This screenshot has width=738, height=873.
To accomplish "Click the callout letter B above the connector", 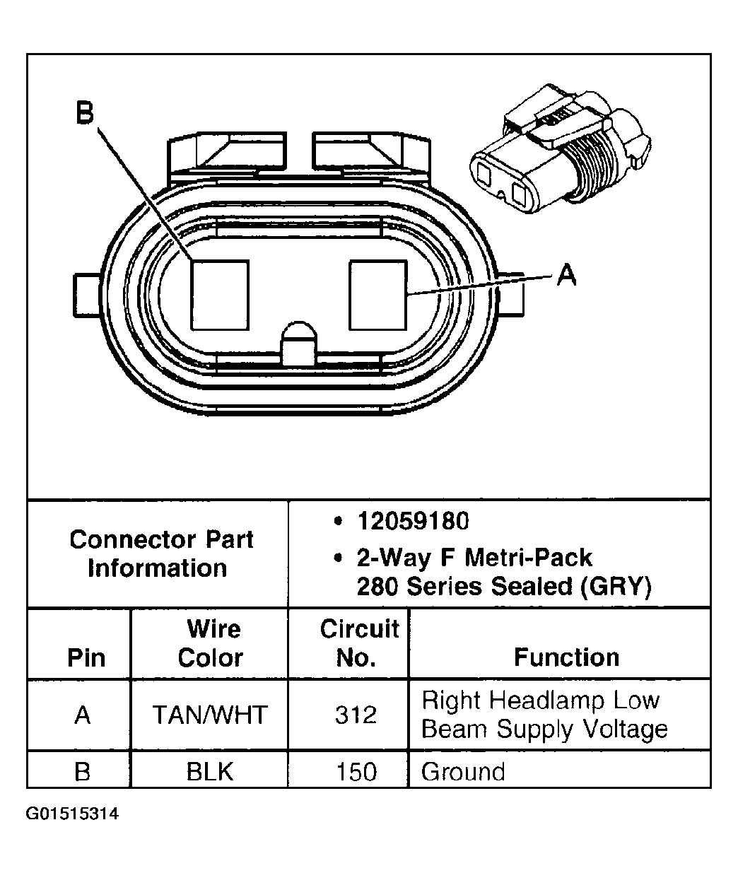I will coord(85,114).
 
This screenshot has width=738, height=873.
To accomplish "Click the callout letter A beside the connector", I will coord(566,274).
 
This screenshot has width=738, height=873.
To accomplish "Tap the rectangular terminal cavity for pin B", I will coord(220,295).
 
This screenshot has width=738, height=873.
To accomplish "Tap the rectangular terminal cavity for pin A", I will coord(378,295).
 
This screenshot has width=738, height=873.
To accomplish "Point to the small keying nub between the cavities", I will coord(299,343).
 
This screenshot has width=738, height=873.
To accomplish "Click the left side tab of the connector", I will coord(83,294).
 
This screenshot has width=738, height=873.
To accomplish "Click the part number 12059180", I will coord(413,522).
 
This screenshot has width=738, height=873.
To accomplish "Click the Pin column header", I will coord(86,657).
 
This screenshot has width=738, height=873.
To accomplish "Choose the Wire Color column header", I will coord(211,643).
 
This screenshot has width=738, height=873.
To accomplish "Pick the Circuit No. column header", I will coord(359,643).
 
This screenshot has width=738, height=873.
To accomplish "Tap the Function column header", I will coord(566,657).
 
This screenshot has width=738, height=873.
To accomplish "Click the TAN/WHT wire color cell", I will coord(211,715).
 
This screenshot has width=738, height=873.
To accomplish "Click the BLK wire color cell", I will coord(210,771).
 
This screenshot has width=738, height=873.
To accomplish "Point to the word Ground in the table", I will coord(463,771).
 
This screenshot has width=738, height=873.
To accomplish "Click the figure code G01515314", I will coord(73,814).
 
